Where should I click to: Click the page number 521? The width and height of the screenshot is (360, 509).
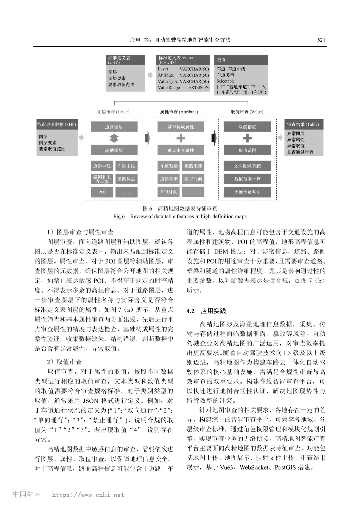(x=321, y=40)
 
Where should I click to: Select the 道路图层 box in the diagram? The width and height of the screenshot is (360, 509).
(x=114, y=127)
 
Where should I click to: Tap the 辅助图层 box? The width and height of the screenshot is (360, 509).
(x=114, y=150)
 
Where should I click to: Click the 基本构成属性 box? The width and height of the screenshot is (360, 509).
(x=181, y=127)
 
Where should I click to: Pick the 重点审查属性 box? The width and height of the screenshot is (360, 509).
(x=181, y=150)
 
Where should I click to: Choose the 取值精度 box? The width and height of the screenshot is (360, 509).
(x=247, y=127)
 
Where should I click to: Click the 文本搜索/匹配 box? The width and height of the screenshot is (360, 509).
(x=247, y=166)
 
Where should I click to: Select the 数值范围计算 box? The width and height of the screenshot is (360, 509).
(x=247, y=179)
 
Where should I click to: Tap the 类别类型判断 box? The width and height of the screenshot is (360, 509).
(x=247, y=192)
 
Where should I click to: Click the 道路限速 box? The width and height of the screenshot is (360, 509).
(x=193, y=166)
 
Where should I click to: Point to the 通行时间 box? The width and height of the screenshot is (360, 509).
(x=193, y=179)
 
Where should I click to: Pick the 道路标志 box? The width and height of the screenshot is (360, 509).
(x=126, y=179)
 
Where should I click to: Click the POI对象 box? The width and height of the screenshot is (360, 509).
(x=169, y=192)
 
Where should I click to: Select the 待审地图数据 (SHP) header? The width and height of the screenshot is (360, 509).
(x=57, y=125)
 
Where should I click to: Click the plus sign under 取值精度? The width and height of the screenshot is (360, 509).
(x=247, y=138)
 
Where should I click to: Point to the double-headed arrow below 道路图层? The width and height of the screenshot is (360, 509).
(x=114, y=138)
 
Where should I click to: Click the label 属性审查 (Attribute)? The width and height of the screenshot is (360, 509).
(x=179, y=112)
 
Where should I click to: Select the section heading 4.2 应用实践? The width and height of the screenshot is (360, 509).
(x=206, y=311)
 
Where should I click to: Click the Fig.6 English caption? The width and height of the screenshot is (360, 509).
(x=180, y=217)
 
